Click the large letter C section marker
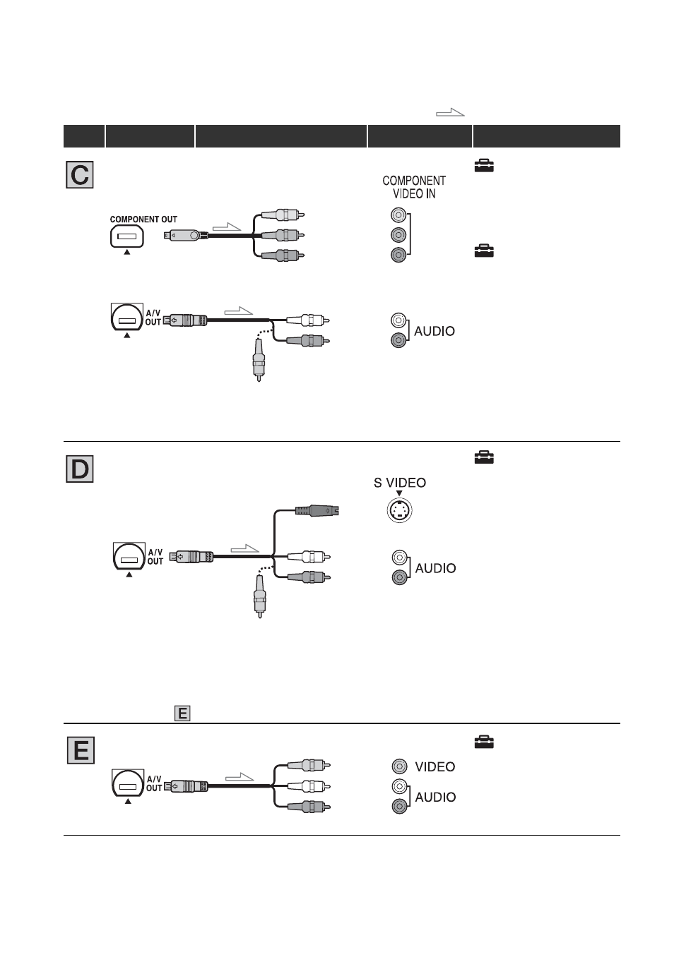[x=80, y=175]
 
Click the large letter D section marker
[x=80, y=469]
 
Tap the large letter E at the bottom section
[x=81, y=750]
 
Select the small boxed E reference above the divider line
[x=182, y=713]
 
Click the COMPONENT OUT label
[x=143, y=219]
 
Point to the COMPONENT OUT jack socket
[x=127, y=236]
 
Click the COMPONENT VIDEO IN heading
[x=414, y=187]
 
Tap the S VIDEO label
[x=400, y=483]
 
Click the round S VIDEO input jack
[x=399, y=510]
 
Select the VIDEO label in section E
[x=435, y=766]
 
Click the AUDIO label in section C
[x=434, y=331]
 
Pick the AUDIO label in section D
[x=435, y=568]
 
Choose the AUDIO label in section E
[x=435, y=797]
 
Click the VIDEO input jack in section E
[x=399, y=766]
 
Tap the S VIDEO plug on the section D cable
[x=317, y=510]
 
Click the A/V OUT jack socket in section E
[x=127, y=784]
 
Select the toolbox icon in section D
[x=484, y=457]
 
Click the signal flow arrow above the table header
[x=450, y=113]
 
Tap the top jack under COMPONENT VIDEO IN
[x=398, y=215]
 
